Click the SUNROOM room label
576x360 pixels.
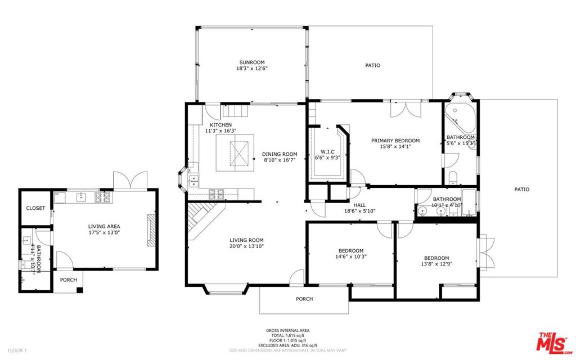click(251, 62)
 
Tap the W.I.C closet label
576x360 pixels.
click(327, 152)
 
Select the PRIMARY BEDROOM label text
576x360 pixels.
click(395, 141)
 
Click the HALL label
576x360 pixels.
click(360, 205)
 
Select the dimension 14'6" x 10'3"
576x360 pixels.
click(350, 257)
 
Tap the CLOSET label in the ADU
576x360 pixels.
click(35, 208)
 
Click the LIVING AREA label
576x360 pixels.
click(104, 226)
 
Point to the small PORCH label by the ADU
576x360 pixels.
click(69, 280)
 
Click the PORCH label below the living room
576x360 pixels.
click(304, 299)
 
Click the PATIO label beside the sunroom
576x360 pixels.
click(372, 65)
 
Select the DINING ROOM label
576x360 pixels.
click(280, 154)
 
